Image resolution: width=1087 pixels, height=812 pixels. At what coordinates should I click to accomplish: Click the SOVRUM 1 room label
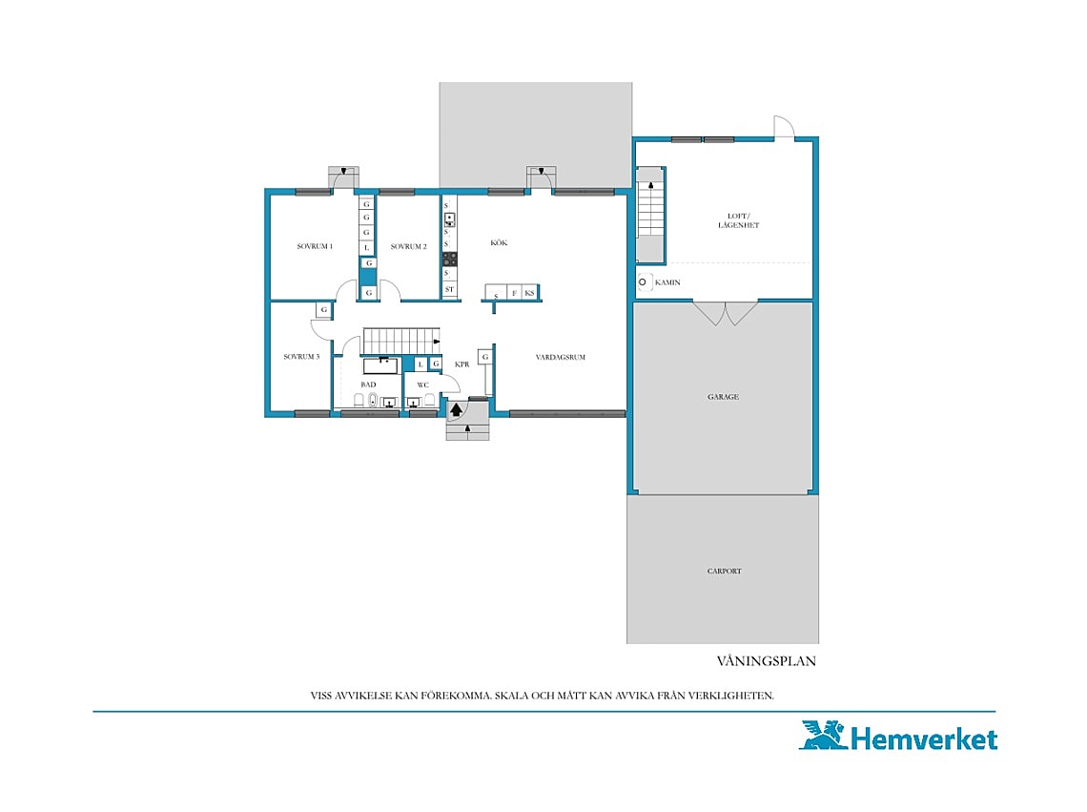[x=315, y=246]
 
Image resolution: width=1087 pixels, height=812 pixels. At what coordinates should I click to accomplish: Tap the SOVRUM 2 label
[x=408, y=246]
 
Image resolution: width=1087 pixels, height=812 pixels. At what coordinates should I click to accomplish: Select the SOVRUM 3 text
[x=301, y=357]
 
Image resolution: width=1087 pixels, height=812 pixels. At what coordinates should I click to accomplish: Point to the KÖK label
[x=499, y=243]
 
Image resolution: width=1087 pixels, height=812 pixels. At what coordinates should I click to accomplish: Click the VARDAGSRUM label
[x=560, y=358]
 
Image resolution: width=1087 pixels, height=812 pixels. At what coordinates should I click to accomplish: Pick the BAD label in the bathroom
[x=368, y=385]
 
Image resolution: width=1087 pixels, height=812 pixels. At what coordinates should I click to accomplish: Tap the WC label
[x=422, y=385]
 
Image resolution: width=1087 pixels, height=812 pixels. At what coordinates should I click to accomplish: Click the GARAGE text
[x=723, y=397]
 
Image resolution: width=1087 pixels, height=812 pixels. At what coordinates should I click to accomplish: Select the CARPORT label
[x=725, y=572]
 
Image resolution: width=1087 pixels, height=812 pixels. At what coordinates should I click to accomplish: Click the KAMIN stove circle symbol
[x=642, y=281]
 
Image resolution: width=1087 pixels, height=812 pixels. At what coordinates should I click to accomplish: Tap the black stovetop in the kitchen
[x=450, y=259]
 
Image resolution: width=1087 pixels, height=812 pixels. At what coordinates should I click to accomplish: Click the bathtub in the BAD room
[x=380, y=365]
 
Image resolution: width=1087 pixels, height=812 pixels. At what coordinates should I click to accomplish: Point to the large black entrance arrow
[x=456, y=409]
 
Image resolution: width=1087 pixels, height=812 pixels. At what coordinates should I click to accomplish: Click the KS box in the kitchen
[x=529, y=293]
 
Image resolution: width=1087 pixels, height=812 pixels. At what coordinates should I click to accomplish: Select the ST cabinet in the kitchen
[x=449, y=289]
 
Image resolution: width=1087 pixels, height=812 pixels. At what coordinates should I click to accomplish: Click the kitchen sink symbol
[x=449, y=220]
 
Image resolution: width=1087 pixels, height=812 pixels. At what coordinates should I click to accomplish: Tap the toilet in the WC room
[x=430, y=399]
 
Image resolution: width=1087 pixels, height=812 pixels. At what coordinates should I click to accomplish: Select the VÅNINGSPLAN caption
[x=766, y=661]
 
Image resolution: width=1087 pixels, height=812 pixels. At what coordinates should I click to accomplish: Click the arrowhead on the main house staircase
[x=436, y=342]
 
